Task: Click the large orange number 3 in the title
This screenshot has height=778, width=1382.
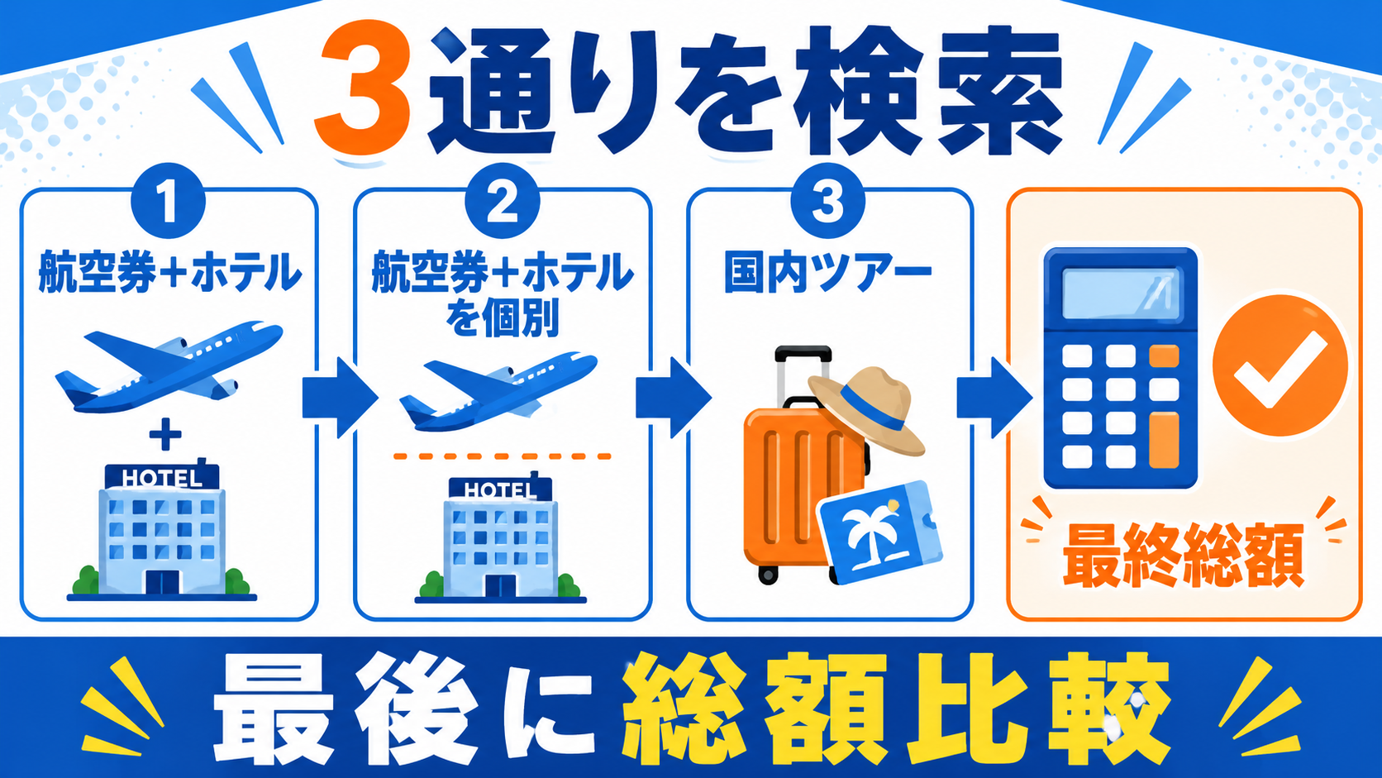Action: click(362, 89)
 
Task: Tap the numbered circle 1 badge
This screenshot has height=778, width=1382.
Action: click(168, 202)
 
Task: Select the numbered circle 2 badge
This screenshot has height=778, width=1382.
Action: click(503, 201)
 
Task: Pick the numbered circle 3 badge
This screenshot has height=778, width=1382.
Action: click(827, 201)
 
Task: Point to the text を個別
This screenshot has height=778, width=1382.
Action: click(503, 317)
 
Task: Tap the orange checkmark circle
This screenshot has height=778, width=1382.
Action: click(1280, 365)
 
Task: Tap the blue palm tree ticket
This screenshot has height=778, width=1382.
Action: click(880, 532)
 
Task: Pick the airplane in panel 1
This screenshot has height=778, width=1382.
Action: click(169, 366)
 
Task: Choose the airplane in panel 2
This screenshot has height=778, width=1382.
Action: click(498, 392)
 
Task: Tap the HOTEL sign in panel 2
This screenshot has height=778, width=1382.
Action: click(500, 489)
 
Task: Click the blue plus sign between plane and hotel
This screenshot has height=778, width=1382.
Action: click(165, 434)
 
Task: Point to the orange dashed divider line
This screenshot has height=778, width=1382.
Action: click(502, 456)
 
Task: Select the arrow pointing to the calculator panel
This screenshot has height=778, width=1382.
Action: click(994, 398)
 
